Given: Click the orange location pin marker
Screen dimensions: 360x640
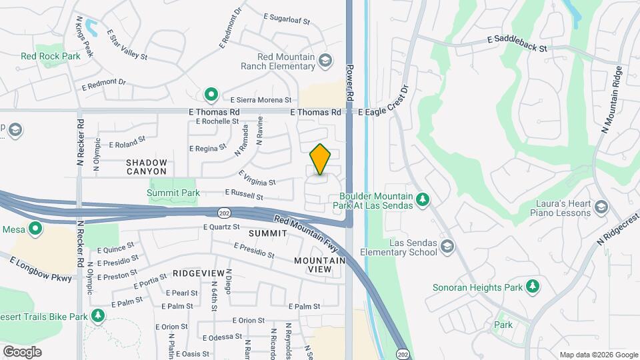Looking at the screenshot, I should (320, 159).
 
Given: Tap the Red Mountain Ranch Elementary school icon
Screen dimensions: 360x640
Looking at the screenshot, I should (325, 61).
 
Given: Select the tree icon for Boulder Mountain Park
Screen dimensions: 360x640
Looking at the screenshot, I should (421, 199).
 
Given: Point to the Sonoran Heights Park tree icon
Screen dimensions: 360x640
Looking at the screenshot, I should (531, 286).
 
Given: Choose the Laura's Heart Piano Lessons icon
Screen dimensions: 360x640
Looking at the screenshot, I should (601, 207).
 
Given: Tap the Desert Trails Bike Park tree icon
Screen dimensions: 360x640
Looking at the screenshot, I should (98, 315).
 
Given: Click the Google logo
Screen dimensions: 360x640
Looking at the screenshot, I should (22, 352).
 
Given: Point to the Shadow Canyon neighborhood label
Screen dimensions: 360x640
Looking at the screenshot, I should (147, 167).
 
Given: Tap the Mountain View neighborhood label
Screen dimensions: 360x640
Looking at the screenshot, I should (320, 265).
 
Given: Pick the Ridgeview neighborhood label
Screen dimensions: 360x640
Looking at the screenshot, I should (197, 273).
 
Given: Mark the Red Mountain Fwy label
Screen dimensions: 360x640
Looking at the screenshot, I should (305, 231).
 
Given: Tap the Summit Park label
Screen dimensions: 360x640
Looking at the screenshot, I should (173, 193).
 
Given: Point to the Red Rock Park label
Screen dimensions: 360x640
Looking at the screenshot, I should (51, 57).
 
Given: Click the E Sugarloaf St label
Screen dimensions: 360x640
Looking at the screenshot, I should (287, 20).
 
